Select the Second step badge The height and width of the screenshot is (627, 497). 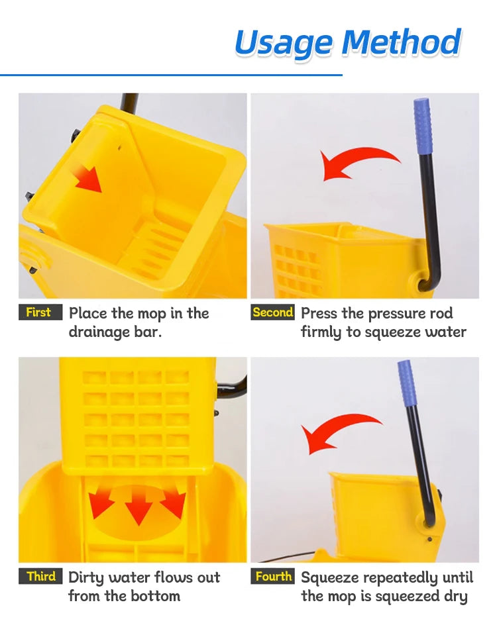pyautogui.click(x=272, y=313)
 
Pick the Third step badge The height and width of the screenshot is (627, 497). pyautogui.click(x=41, y=577)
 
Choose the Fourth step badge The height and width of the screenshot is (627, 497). pyautogui.click(x=273, y=577)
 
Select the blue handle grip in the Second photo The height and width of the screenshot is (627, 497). pyautogui.click(x=422, y=126)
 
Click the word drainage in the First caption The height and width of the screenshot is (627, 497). pyautogui.click(x=99, y=332)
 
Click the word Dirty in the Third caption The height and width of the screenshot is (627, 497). pyautogui.click(x=87, y=578)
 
